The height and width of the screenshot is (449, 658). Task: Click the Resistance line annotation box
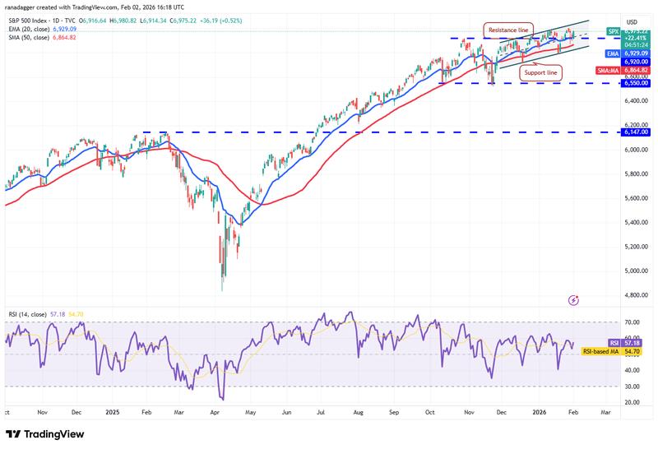[508, 30]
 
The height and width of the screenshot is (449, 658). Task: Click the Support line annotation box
[540, 72]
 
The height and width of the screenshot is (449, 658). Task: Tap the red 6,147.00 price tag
[637, 132]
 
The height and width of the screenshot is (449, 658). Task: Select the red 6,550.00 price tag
[637, 83]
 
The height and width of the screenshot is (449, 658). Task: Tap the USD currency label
[633, 21]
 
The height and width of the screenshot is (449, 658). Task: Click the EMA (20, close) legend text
[30, 27]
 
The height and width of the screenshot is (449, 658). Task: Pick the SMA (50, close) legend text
[30, 36]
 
